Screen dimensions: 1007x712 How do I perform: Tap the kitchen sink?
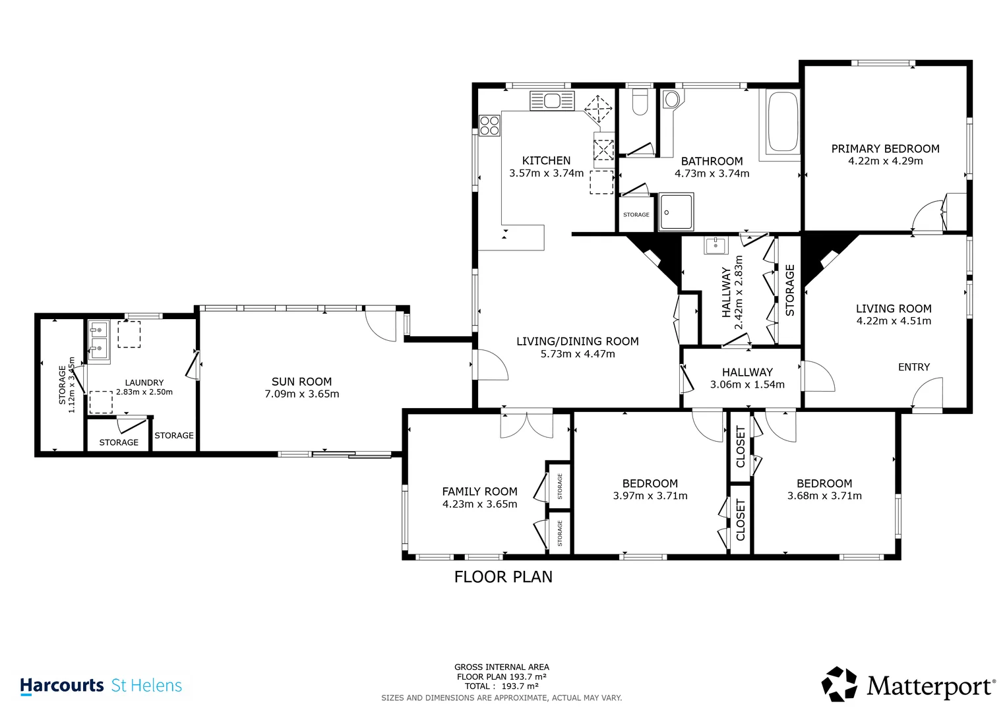(x=552, y=101)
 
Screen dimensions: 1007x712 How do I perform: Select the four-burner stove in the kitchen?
(x=489, y=125)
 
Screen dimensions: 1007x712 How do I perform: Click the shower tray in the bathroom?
(x=676, y=212)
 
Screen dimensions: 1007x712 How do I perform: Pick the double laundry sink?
(x=98, y=341)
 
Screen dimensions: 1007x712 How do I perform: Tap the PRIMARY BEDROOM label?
(x=885, y=149)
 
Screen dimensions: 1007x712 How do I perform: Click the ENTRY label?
(x=914, y=367)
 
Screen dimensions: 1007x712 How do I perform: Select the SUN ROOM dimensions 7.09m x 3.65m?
(x=301, y=394)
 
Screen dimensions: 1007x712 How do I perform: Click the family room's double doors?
(x=526, y=425)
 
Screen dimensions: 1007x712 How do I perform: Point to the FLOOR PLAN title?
(x=503, y=577)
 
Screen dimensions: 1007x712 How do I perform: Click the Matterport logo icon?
(x=839, y=684)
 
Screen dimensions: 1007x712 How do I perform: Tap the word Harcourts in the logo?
(x=62, y=686)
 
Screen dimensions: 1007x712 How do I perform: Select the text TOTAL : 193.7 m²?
(x=502, y=686)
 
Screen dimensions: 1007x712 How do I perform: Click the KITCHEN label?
(x=546, y=160)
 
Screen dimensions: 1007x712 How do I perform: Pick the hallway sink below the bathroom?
(x=716, y=245)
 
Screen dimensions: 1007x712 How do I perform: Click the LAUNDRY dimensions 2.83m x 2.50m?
(x=144, y=392)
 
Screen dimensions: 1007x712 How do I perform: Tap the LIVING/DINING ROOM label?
(x=578, y=341)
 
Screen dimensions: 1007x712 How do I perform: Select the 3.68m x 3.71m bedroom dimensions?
(x=824, y=496)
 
